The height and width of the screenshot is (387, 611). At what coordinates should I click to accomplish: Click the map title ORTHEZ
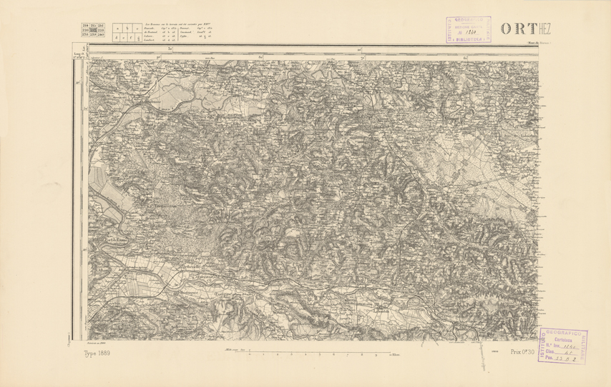(526, 29)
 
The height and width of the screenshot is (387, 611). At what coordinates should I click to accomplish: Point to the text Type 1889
(98, 353)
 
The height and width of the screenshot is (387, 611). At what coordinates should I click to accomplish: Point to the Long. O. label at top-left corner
(79, 54)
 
